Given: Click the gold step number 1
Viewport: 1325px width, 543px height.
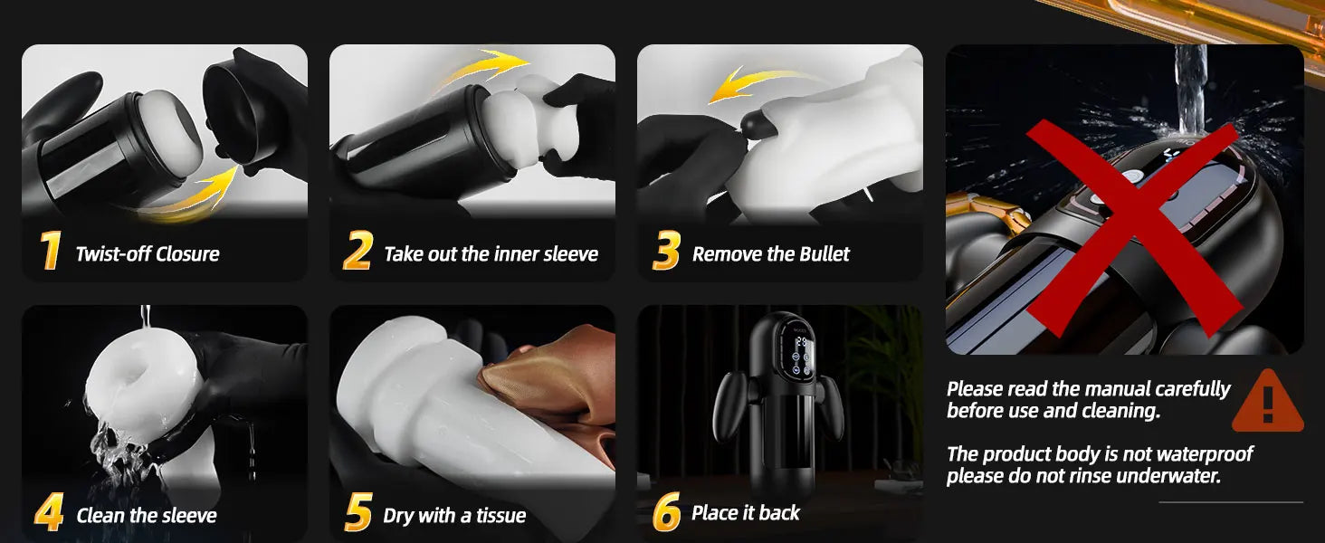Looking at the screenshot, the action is pos(51,250).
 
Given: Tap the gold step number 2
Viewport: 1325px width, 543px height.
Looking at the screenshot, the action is pos(357,250).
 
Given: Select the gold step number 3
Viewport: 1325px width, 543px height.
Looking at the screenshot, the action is pos(667,250).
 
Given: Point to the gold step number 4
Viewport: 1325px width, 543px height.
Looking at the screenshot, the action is pos(49,511).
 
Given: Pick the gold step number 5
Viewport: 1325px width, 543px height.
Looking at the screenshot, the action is pos(358,511).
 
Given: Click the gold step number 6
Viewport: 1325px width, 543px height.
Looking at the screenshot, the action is pos(667,511).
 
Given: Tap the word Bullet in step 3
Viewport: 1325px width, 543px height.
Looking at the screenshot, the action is pos(824,254).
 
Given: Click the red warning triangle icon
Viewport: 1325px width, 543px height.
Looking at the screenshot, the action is pos(1268,402).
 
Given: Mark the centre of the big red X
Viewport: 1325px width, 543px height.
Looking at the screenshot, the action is pos(1133,230).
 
